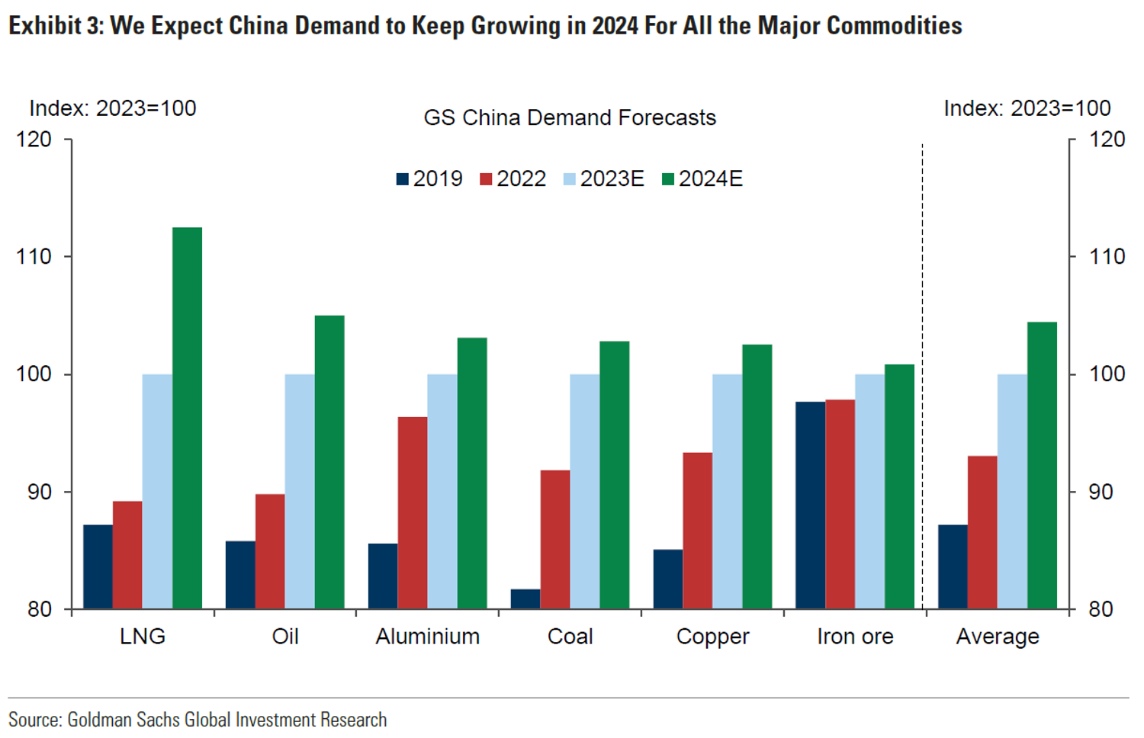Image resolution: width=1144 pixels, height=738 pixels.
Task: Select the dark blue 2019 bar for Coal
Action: click(x=525, y=599)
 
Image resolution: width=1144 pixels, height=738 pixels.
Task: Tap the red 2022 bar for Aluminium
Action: click(x=413, y=512)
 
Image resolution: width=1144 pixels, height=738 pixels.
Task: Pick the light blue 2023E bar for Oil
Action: click(x=300, y=491)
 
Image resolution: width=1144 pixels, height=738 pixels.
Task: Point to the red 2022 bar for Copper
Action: click(x=697, y=531)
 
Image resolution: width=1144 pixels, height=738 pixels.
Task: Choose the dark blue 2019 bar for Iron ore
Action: click(x=810, y=505)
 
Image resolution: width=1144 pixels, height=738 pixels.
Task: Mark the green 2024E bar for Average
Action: click(x=1042, y=465)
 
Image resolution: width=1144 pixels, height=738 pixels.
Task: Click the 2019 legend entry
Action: click(x=430, y=179)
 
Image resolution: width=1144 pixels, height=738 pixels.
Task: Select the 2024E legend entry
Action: click(x=702, y=179)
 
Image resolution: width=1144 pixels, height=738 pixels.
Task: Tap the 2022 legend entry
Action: click(x=513, y=179)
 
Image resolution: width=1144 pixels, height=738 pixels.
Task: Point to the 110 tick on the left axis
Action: click(x=34, y=257)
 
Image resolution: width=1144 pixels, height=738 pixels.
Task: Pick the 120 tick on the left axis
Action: click(x=34, y=140)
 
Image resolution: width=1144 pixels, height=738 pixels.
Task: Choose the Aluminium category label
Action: click(x=427, y=637)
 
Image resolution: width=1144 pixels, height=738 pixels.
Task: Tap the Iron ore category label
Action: click(x=855, y=637)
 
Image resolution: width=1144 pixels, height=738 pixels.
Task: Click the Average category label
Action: click(x=998, y=637)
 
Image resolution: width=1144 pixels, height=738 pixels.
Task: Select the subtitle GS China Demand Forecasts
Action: click(x=570, y=118)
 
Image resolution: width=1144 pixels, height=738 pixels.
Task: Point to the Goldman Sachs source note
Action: click(x=198, y=720)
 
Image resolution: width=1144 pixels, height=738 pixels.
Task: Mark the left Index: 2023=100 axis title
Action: click(x=113, y=108)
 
